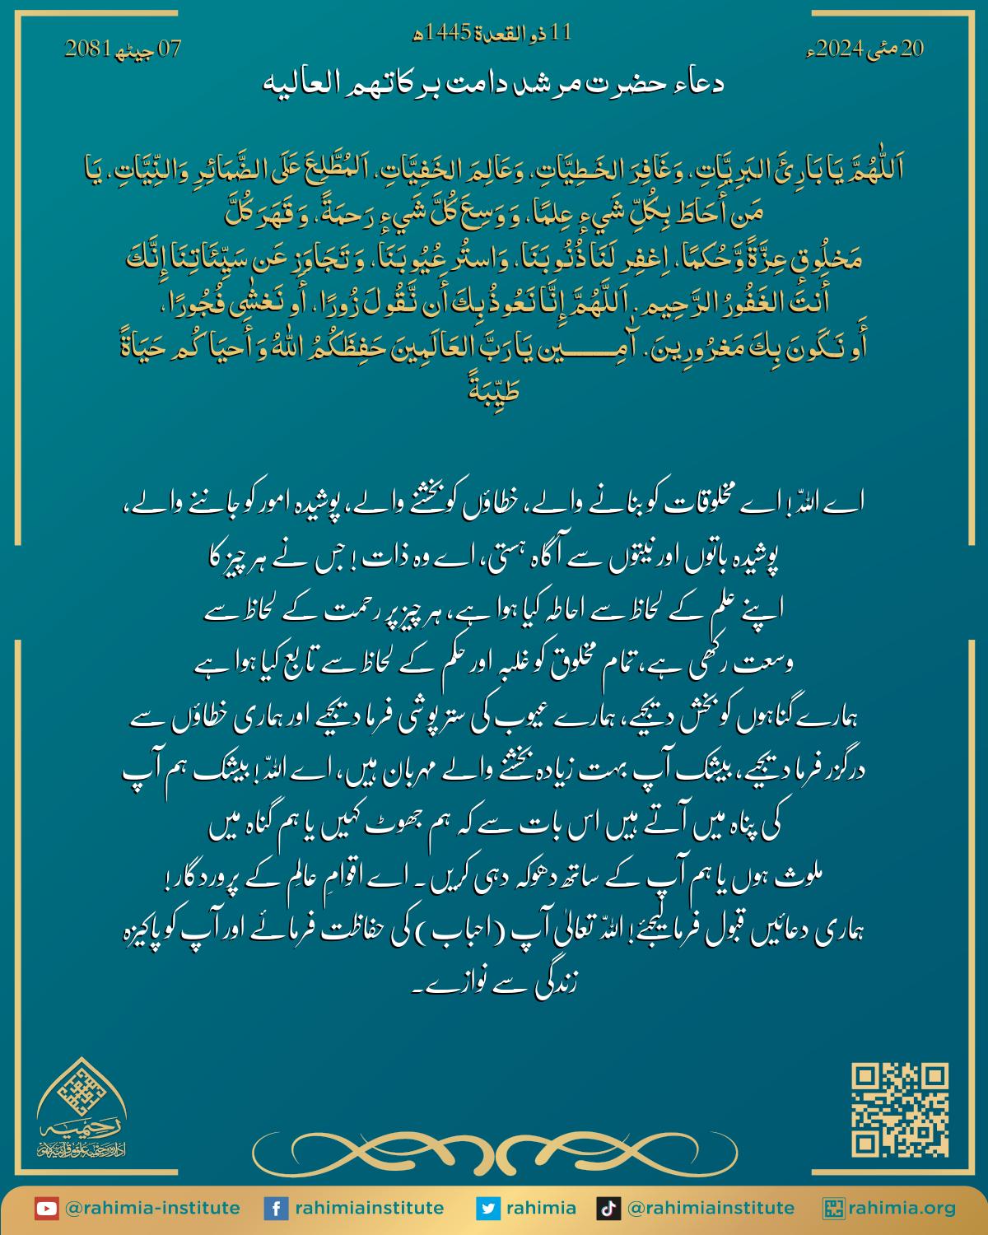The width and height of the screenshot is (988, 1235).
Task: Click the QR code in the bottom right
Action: (x=900, y=1111)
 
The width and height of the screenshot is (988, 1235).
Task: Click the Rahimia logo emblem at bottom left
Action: (x=81, y=1111)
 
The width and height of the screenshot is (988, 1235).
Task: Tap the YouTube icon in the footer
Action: (x=46, y=1208)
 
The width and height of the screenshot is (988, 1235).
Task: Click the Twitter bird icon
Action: (x=489, y=1208)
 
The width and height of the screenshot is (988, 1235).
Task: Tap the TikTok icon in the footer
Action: (x=607, y=1208)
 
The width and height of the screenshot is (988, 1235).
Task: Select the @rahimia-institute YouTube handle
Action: (x=151, y=1208)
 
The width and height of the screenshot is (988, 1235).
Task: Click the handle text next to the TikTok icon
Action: (x=711, y=1208)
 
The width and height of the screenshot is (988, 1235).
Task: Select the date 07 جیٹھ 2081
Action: (x=123, y=49)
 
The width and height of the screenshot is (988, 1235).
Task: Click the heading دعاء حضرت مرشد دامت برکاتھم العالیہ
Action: (x=494, y=85)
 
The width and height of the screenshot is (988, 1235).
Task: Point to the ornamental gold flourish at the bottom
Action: (x=494, y=1149)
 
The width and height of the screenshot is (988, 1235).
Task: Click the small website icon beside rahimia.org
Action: (x=833, y=1208)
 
